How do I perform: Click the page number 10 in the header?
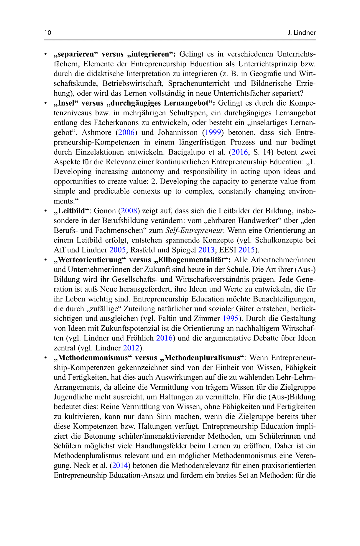[x=48, y=33]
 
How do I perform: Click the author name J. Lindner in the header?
[x=301, y=33]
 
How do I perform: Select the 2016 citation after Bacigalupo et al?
[x=239, y=152]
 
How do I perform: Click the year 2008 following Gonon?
[x=129, y=211]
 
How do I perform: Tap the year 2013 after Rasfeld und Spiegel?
[x=206, y=250]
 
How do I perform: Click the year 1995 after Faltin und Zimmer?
[x=230, y=319]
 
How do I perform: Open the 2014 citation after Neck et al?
[x=120, y=465]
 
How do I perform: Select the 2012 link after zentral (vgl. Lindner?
[x=131, y=348]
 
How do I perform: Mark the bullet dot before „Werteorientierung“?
[x=46, y=260]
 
